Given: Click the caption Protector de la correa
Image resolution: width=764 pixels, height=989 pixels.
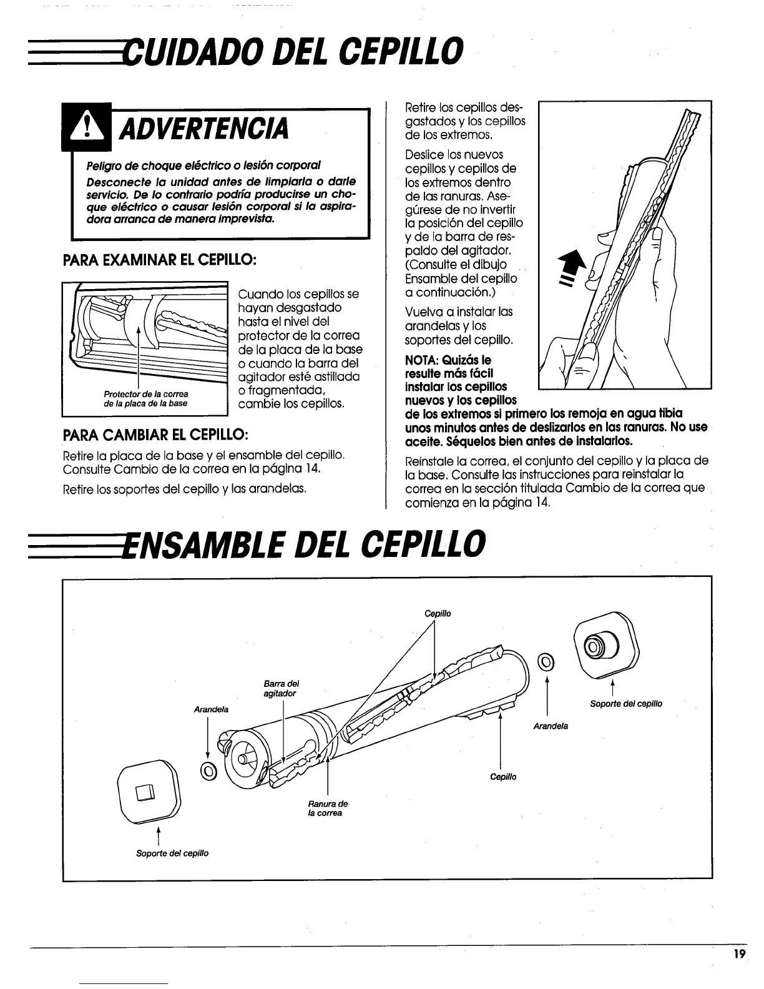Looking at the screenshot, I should [x=146, y=394].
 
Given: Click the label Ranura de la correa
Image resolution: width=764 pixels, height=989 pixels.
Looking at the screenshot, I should [x=328, y=809].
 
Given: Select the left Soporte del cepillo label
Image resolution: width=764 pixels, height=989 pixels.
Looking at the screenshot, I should [x=172, y=854].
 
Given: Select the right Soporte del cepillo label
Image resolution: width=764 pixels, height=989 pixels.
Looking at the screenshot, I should [x=626, y=704].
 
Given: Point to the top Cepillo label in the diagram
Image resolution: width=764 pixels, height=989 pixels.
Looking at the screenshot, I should [x=438, y=614].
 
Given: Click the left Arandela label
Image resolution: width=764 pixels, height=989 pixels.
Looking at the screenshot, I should [x=211, y=710].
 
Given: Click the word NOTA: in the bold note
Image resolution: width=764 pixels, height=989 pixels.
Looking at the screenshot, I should [x=424, y=360].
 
